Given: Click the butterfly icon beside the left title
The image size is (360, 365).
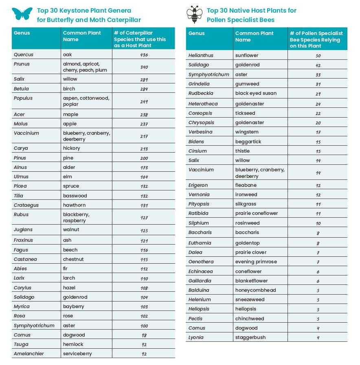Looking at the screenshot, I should (22, 14).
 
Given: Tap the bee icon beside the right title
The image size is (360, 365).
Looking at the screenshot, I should (194, 14).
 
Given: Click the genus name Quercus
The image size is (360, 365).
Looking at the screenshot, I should (24, 55).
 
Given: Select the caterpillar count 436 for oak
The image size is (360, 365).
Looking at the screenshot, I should (143, 55).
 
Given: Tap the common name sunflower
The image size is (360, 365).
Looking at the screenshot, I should (247, 55).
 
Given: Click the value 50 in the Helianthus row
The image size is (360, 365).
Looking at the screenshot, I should (318, 56).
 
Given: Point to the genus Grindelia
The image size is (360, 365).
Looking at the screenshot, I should (199, 84).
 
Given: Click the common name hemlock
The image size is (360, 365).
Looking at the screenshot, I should (73, 344).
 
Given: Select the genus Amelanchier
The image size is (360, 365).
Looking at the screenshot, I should (29, 354).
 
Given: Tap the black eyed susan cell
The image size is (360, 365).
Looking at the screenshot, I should (256, 93).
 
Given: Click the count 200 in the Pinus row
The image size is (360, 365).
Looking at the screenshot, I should (143, 158).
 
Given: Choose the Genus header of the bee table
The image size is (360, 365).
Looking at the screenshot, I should (196, 33).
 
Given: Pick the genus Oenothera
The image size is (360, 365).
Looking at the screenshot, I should (201, 262).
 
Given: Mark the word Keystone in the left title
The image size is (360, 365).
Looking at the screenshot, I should (78, 11).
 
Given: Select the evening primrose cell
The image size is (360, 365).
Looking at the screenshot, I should (256, 262).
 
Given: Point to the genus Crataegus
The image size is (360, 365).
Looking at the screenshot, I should (26, 205).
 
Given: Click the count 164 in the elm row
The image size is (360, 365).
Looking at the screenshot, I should (143, 177).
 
